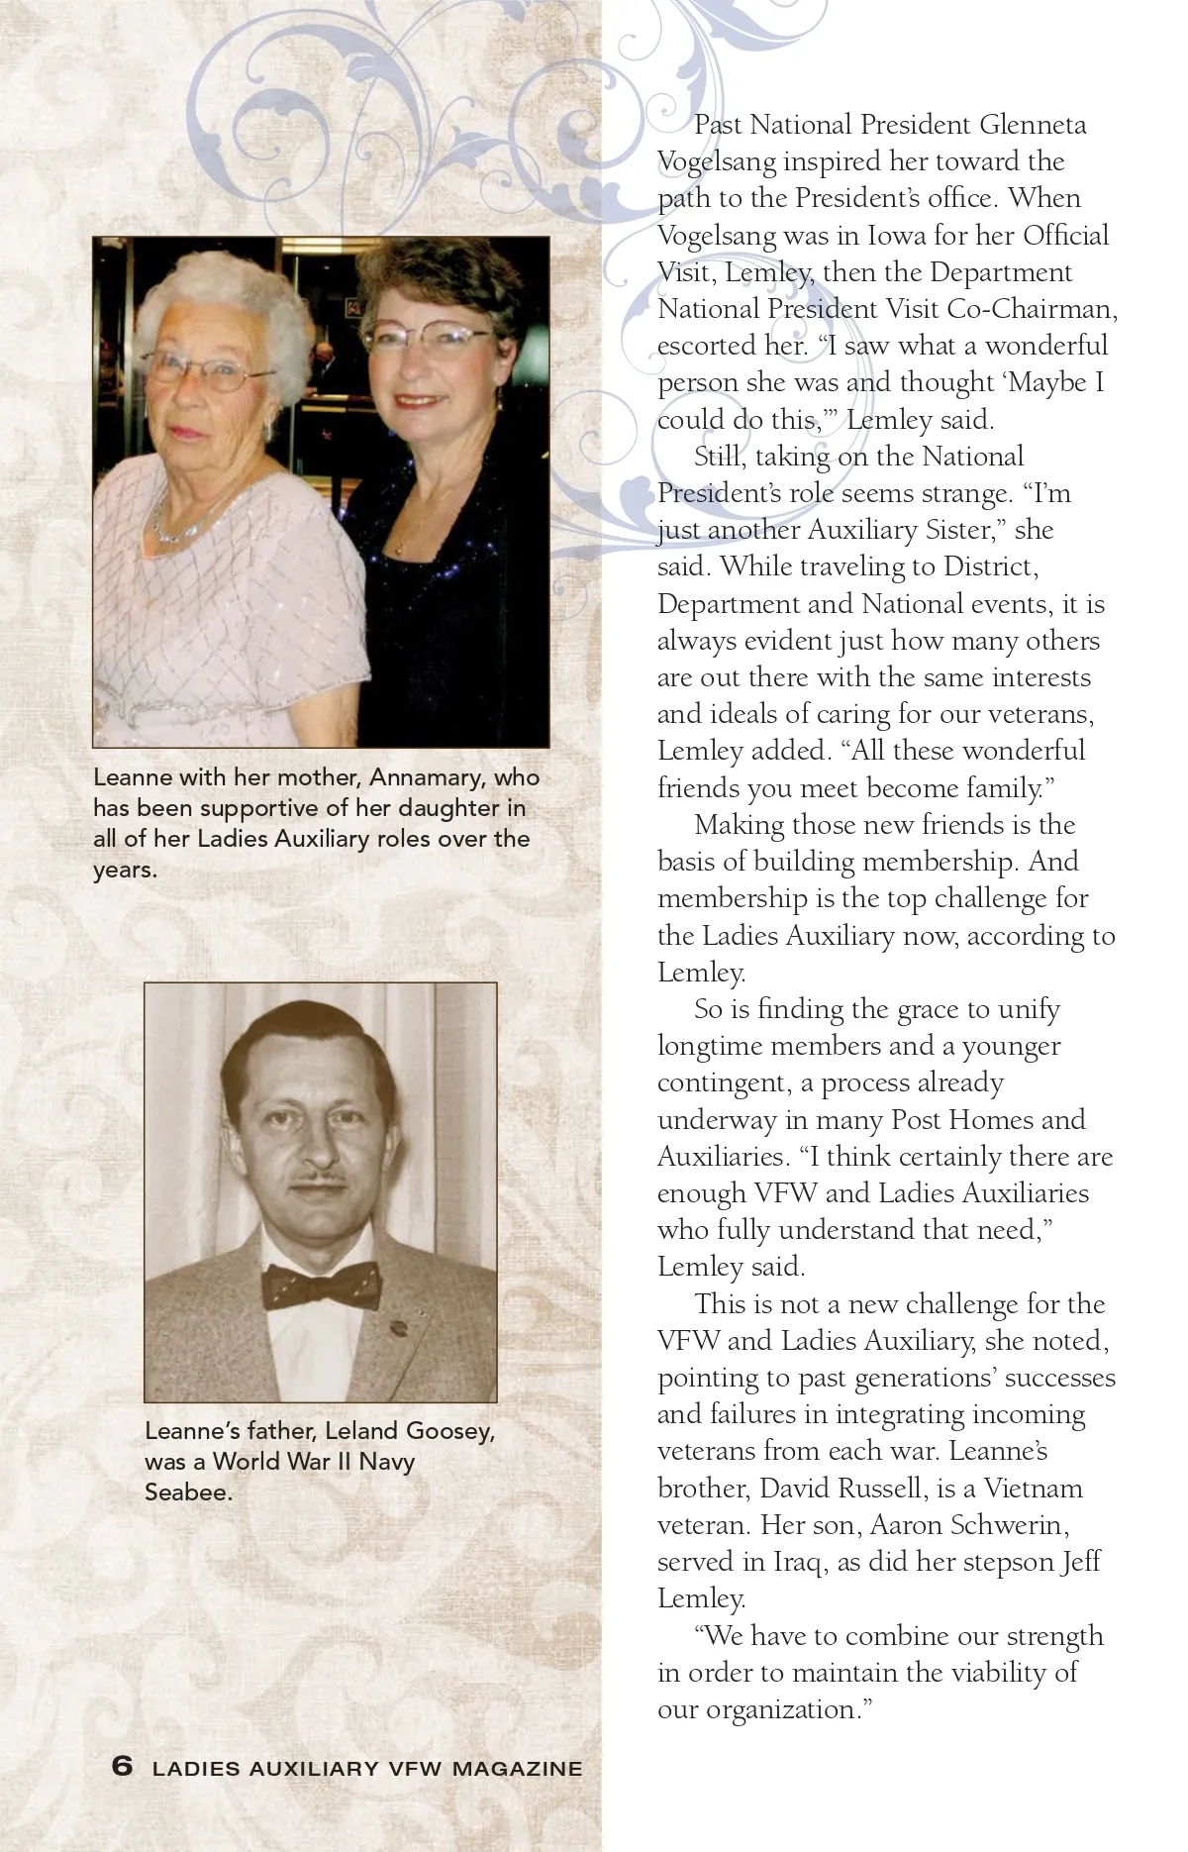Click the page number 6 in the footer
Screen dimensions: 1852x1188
[x=122, y=1766]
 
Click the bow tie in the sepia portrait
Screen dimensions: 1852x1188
[x=320, y=1286]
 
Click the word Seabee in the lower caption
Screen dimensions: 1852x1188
[x=188, y=1492]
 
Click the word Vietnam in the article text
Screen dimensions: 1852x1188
[x=1034, y=1489]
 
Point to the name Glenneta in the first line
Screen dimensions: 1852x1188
[x=1033, y=125]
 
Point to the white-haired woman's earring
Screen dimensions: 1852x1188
[x=268, y=428]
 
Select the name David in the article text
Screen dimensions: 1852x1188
[x=795, y=1489]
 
